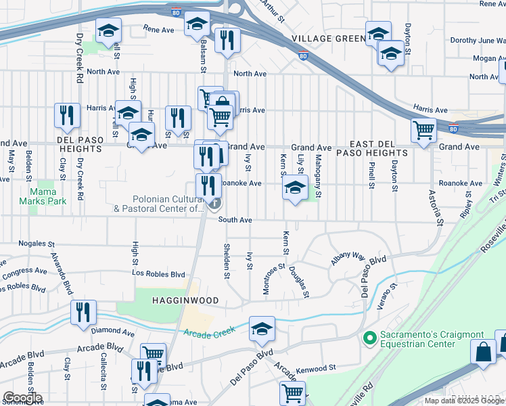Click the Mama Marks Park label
51,192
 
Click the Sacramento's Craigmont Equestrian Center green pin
369,337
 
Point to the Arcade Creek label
209,332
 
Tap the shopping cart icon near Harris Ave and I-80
423,130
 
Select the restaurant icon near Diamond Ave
83,313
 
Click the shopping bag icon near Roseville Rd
484,351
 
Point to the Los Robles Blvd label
159,275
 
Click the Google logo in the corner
22,398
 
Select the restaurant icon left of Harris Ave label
66,116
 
